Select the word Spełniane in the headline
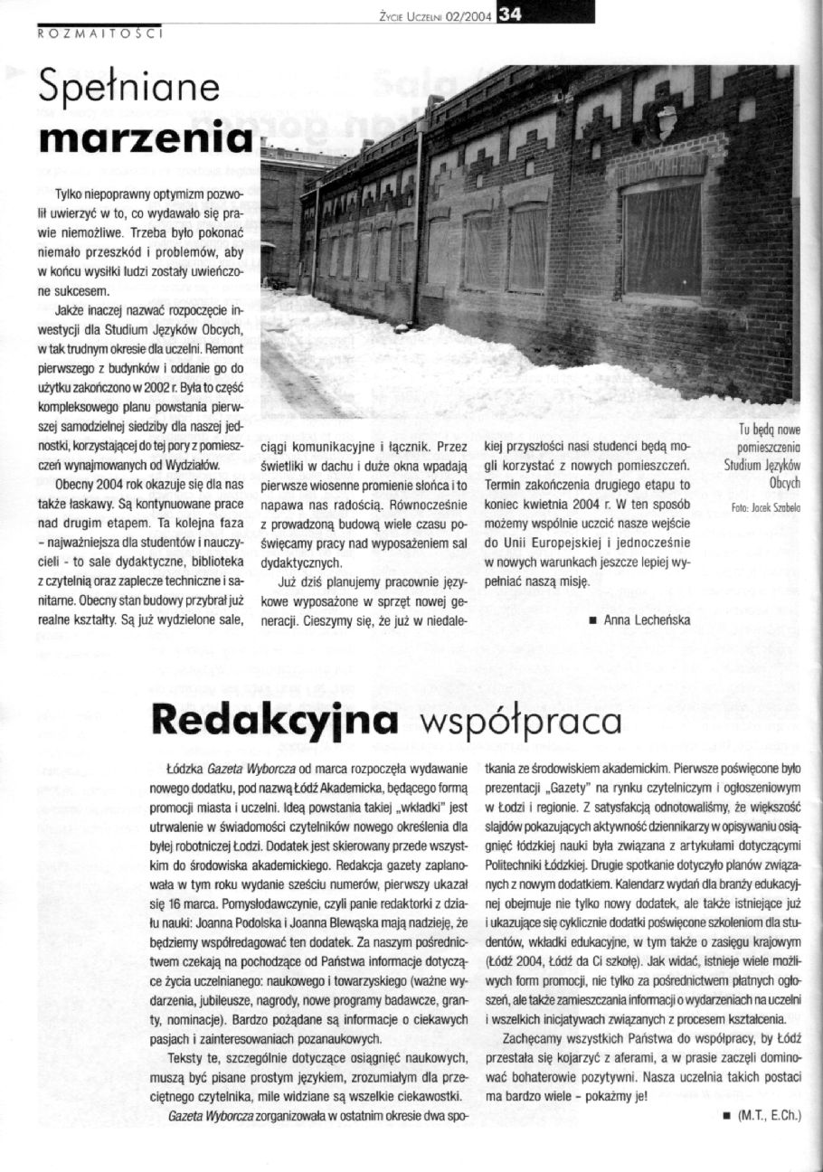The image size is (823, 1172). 125,90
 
